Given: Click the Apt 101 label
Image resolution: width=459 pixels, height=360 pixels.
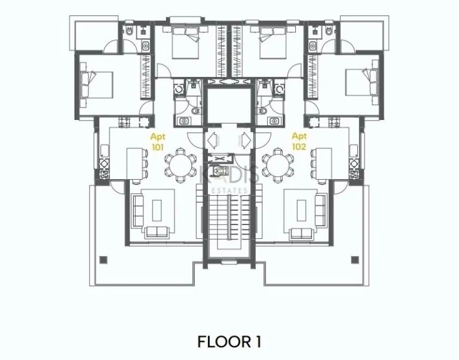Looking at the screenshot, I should (x=157, y=141).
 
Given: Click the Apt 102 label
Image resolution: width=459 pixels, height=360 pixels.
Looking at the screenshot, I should (x=299, y=141).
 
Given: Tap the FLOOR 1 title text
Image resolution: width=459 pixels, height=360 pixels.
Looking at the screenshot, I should (x=229, y=341).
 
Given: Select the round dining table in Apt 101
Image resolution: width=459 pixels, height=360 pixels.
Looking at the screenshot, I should (x=179, y=164).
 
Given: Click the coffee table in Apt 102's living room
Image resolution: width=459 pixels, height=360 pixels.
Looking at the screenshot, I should (x=301, y=210).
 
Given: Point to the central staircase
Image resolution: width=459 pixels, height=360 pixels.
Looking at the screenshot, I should (x=229, y=221).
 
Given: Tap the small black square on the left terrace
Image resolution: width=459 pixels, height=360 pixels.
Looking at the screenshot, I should (x=103, y=260).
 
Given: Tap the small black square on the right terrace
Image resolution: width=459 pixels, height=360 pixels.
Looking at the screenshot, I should (x=355, y=260).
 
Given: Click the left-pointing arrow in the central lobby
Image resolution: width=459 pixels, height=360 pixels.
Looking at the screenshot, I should (x=212, y=140).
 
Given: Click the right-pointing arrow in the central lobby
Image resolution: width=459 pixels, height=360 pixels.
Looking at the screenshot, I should (x=246, y=140).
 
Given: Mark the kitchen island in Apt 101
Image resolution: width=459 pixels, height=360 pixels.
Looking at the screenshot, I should (x=134, y=163).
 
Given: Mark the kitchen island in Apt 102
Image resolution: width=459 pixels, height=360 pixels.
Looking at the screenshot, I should (x=324, y=163).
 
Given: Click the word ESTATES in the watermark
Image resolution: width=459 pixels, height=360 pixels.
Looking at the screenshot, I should (x=229, y=190).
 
